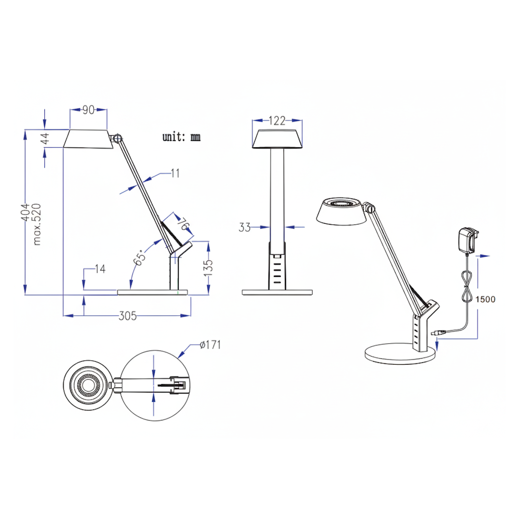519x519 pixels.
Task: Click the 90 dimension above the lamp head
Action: tap(88, 110)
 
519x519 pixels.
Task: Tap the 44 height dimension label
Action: tap(45, 138)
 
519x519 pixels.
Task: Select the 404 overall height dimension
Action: tap(25, 212)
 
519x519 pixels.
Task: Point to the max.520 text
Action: tap(37, 224)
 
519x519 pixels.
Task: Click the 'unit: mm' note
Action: tap(181, 136)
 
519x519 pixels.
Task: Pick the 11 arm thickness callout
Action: tap(175, 173)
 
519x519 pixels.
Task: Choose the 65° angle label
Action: tap(140, 257)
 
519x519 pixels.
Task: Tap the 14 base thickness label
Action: tap(100, 269)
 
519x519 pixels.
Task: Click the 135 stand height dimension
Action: tap(208, 268)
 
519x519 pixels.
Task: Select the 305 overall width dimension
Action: tap(127, 316)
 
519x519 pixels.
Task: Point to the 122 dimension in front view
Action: tap(277, 121)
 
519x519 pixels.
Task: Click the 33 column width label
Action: tap(245, 227)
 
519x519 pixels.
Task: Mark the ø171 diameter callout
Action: tap(210, 345)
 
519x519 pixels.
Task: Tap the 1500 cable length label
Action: tap(485, 299)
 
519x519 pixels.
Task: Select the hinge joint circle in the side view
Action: tap(118, 138)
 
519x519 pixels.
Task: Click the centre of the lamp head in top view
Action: tap(88, 385)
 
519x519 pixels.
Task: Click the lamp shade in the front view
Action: tap(277, 139)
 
